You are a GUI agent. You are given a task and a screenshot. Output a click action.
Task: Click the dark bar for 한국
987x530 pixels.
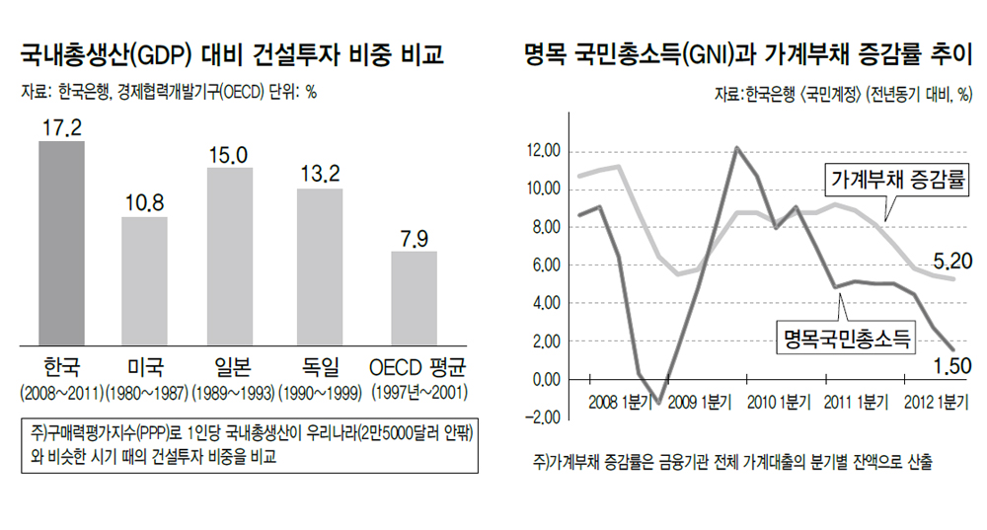[x=61, y=243]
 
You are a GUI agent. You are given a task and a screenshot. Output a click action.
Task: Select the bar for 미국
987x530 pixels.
[x=144, y=280]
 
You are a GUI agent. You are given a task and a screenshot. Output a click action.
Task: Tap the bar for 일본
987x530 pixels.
[x=229, y=256]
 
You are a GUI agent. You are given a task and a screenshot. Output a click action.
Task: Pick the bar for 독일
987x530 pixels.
[x=319, y=265]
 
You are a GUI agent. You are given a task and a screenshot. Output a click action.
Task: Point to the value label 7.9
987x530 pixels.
[x=414, y=240]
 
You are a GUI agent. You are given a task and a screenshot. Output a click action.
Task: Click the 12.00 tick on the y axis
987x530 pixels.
[x=543, y=151]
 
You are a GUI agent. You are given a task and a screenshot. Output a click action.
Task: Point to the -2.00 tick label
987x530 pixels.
[x=543, y=417]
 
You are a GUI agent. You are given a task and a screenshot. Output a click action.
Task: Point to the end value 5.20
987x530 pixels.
[x=952, y=262]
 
